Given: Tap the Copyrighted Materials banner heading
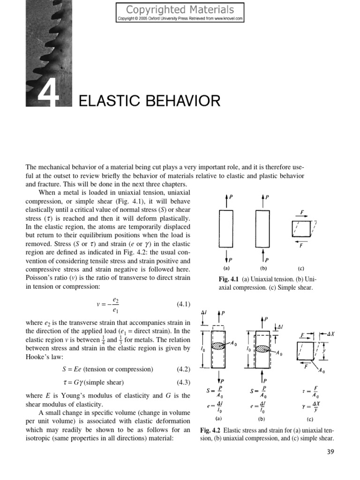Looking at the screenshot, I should pyautogui.click(x=180, y=9).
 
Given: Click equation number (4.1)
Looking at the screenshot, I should pyautogui.click(x=183, y=305).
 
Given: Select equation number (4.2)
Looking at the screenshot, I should pyautogui.click(x=183, y=369).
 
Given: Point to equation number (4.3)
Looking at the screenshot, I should pyautogui.click(x=183, y=382).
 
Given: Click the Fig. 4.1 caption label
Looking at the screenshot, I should pyautogui.click(x=230, y=278).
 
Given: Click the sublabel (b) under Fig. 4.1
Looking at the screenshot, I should pyautogui.click(x=263, y=269).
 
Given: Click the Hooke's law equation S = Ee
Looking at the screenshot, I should pyautogui.click(x=104, y=369).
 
